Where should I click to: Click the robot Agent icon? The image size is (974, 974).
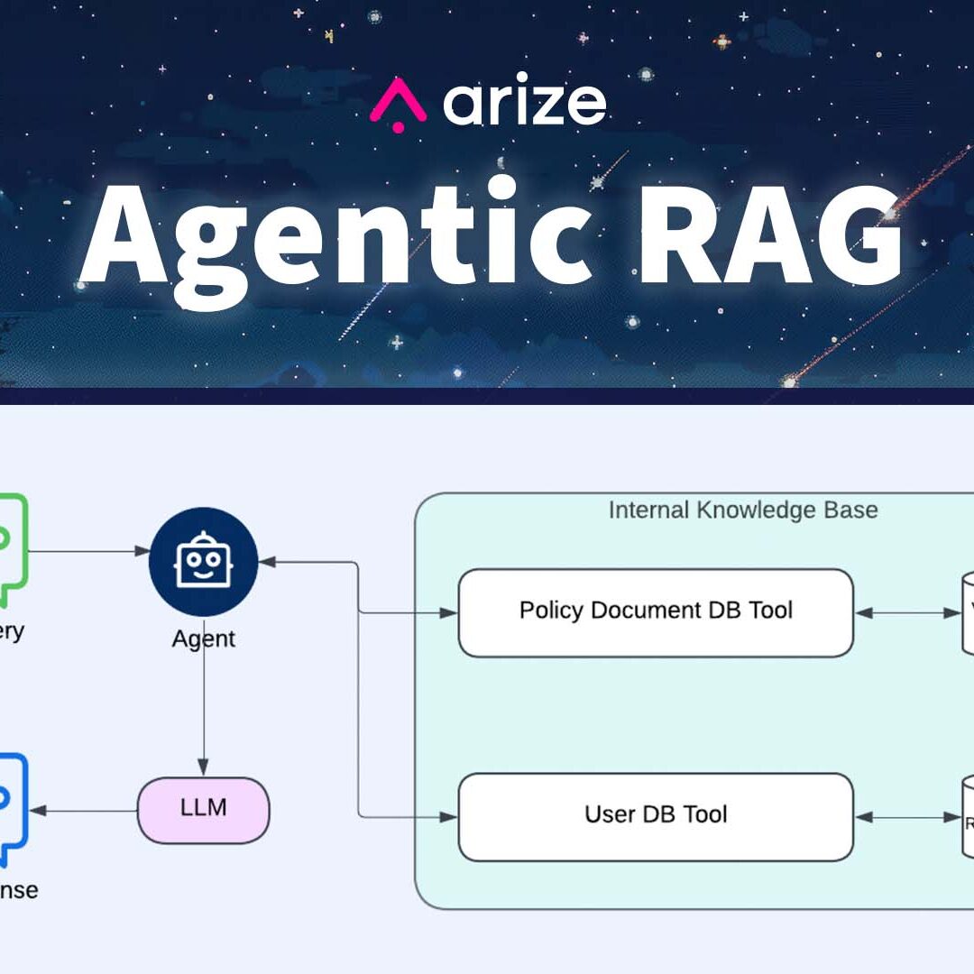pyautogui.click(x=203, y=562)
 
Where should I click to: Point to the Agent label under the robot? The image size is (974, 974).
pyautogui.click(x=203, y=639)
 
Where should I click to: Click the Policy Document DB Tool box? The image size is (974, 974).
pyautogui.click(x=656, y=612)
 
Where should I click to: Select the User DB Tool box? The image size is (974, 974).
pyautogui.click(x=656, y=816)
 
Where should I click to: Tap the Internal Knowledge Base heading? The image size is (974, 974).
pyautogui.click(x=742, y=510)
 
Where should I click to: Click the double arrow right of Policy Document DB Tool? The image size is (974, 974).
pyautogui.click(x=907, y=613)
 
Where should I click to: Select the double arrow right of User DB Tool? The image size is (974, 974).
pyautogui.click(x=907, y=817)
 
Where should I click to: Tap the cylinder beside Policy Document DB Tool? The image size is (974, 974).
pyautogui.click(x=969, y=614)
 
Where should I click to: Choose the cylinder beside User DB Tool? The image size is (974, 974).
pyautogui.click(x=969, y=817)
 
